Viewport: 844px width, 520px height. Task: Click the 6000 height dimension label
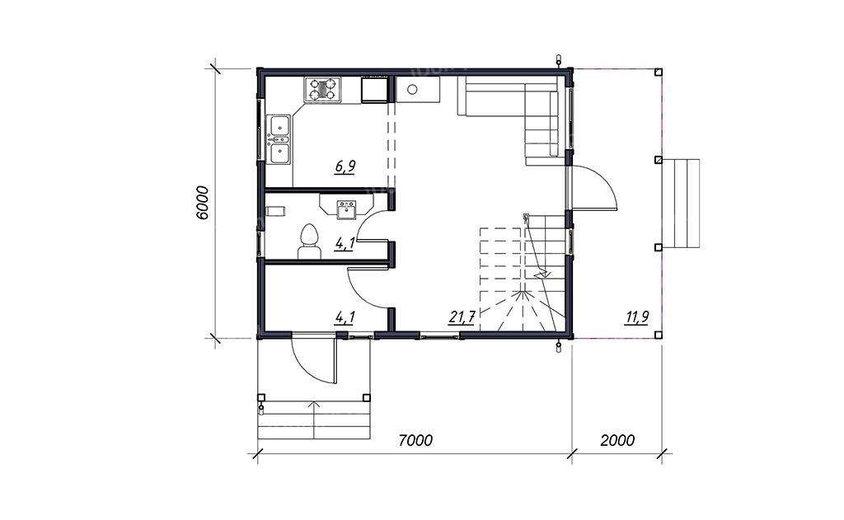click(201, 203)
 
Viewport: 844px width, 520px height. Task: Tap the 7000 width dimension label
click(415, 440)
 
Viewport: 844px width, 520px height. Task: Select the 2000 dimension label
click(617, 440)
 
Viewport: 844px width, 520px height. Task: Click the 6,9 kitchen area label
click(345, 166)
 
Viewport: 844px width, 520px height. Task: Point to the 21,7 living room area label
click(462, 317)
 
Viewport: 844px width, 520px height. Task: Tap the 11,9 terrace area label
click(636, 317)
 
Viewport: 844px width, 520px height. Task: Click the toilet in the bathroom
click(309, 241)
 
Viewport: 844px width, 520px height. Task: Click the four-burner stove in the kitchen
click(322, 89)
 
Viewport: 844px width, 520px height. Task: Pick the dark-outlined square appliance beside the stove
click(374, 89)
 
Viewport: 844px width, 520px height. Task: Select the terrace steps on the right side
click(680, 203)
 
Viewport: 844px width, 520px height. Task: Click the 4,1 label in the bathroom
click(345, 244)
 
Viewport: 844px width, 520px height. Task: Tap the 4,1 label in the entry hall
click(345, 317)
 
